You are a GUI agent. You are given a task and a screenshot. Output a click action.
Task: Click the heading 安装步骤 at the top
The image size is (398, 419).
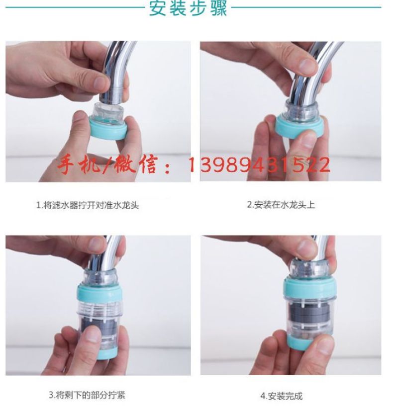pyautogui.click(x=188, y=8)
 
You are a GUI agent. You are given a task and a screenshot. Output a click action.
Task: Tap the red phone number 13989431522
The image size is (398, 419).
pyautogui.click(x=259, y=165)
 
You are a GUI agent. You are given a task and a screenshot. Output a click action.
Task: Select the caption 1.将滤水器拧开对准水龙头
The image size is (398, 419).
pyautogui.click(x=88, y=205)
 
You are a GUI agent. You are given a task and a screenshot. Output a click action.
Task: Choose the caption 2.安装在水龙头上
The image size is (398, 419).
pyautogui.click(x=281, y=205)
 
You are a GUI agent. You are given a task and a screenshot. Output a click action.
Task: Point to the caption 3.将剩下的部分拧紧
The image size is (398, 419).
pyautogui.click(x=87, y=395)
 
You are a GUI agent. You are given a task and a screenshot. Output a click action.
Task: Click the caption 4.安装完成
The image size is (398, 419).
pyautogui.click(x=282, y=396)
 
